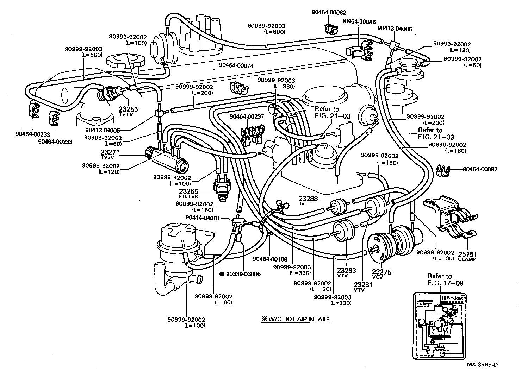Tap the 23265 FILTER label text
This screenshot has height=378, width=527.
[x=188, y=194]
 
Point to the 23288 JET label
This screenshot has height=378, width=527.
[x=308, y=200]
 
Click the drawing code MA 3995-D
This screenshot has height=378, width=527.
[x=483, y=364]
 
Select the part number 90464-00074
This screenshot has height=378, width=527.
[x=236, y=65]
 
